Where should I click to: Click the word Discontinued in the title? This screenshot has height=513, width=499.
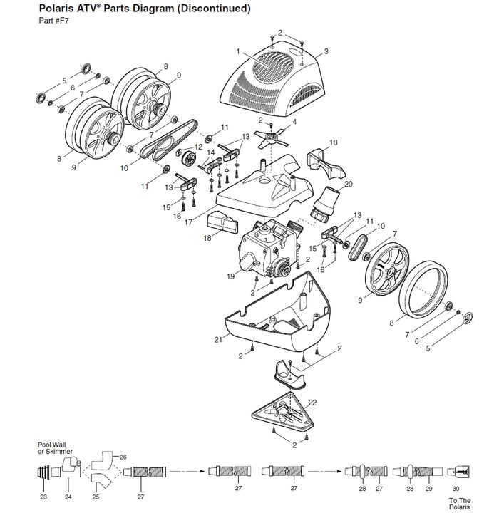[214, 8]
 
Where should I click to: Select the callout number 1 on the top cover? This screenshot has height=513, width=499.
[238, 51]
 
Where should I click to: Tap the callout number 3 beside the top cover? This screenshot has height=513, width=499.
[326, 51]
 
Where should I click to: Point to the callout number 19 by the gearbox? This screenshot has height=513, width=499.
[231, 276]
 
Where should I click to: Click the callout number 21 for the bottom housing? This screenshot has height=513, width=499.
[218, 340]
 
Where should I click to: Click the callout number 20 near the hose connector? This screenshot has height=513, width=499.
[349, 185]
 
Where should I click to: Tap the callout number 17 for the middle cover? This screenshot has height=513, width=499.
[188, 222]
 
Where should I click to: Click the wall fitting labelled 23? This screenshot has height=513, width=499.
[43, 472]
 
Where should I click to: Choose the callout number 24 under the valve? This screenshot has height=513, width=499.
[68, 497]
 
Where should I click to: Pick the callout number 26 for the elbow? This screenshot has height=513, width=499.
[123, 457]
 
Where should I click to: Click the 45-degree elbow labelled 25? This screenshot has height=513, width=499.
[101, 481]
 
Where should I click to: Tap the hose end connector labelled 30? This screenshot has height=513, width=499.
[458, 472]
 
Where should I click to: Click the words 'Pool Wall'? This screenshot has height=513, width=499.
[52, 445]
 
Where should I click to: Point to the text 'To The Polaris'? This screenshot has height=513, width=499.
[460, 504]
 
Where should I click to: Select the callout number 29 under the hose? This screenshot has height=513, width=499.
[429, 489]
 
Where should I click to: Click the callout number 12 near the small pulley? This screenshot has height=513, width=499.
[198, 147]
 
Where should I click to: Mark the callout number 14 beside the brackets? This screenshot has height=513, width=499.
[210, 152]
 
